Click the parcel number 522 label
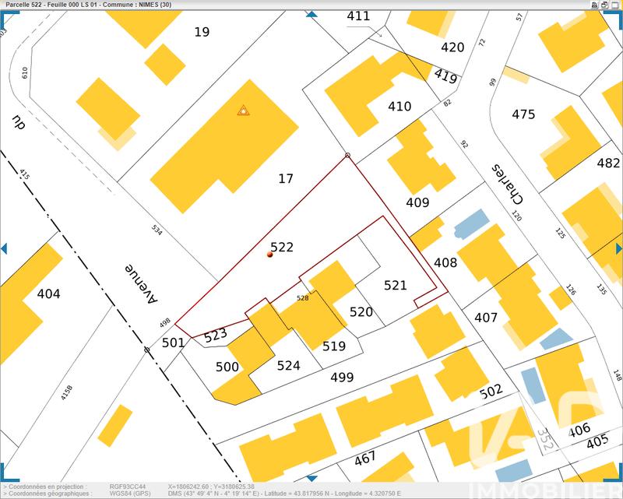click(282, 247)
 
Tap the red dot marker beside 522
click(269, 255)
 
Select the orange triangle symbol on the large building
click(244, 111)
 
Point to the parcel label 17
click(286, 179)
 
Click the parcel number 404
click(48, 294)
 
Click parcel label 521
click(396, 286)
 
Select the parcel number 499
click(342, 378)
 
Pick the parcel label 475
click(523, 114)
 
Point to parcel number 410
click(399, 107)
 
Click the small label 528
click(303, 297)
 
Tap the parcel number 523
click(215, 336)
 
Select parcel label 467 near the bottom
click(364, 459)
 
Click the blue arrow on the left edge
click(4, 248)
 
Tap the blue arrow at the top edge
click(311, 15)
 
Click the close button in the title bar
click(617, 4)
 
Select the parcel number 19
click(202, 32)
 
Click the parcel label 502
click(491, 392)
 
